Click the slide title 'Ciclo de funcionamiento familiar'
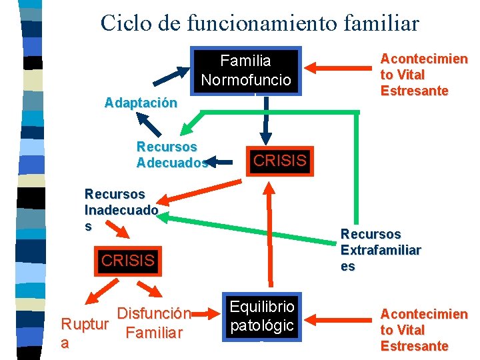[x=260, y=23]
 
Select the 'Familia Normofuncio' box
[x=246, y=70]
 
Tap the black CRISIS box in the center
[x=280, y=161]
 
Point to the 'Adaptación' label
[x=141, y=103]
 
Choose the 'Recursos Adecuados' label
[x=169, y=154]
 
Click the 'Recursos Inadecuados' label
[x=121, y=209]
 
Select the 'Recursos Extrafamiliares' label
[x=380, y=250]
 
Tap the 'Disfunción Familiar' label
[x=154, y=322]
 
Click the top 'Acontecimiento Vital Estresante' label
[x=423, y=75]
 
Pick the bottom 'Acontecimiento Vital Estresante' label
[x=423, y=329]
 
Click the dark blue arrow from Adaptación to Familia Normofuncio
[x=171, y=76]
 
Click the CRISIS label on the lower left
[x=127, y=260]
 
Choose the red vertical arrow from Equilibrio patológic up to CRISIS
[x=269, y=233]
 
